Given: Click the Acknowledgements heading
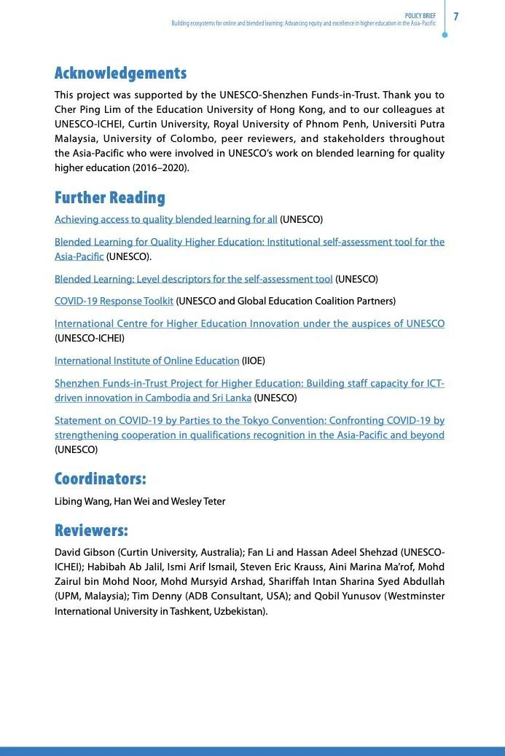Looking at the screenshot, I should pos(120,73).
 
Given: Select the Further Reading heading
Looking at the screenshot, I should pos(109,197).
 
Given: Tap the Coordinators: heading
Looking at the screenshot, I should pos(100,479).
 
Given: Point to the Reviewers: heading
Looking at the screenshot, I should pos(91,530).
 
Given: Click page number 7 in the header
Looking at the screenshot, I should pos(456,16).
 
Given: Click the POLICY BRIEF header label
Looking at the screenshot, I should pos(420,16).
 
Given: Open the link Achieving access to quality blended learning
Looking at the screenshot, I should pos(165,219).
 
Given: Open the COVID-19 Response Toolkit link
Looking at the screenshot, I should pos(114,301).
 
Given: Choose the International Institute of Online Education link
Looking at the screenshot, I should pos(146,361).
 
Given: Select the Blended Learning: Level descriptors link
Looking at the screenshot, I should pos(193,279).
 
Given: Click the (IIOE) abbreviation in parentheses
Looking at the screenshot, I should pos(253,361).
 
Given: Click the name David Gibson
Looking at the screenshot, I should pos(85,552).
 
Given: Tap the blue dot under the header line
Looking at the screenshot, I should pos(445,34).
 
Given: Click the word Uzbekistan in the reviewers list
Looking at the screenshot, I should pos(239,611).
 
